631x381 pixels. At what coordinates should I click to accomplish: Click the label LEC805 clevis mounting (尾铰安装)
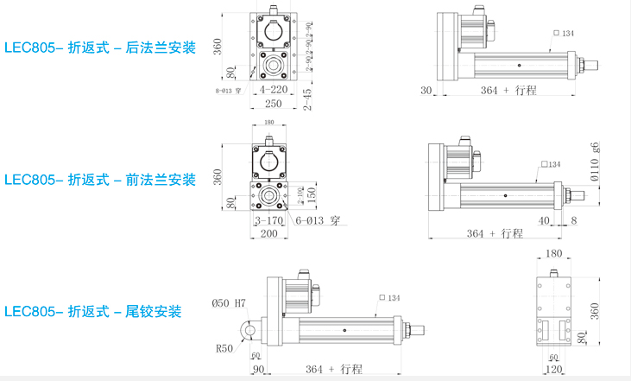pyautogui.click(x=93, y=311)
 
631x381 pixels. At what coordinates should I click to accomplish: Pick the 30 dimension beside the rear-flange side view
pyautogui.click(x=426, y=91)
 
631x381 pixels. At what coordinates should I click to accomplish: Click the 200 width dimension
pyautogui.click(x=268, y=233)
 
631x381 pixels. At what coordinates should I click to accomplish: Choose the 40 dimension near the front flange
pyautogui.click(x=545, y=220)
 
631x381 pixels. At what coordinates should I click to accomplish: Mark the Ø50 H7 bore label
pyautogui.click(x=229, y=303)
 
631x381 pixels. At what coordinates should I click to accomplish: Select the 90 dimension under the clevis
pyautogui.click(x=258, y=369)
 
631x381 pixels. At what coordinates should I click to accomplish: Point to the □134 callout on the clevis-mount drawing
pyautogui.click(x=389, y=298)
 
